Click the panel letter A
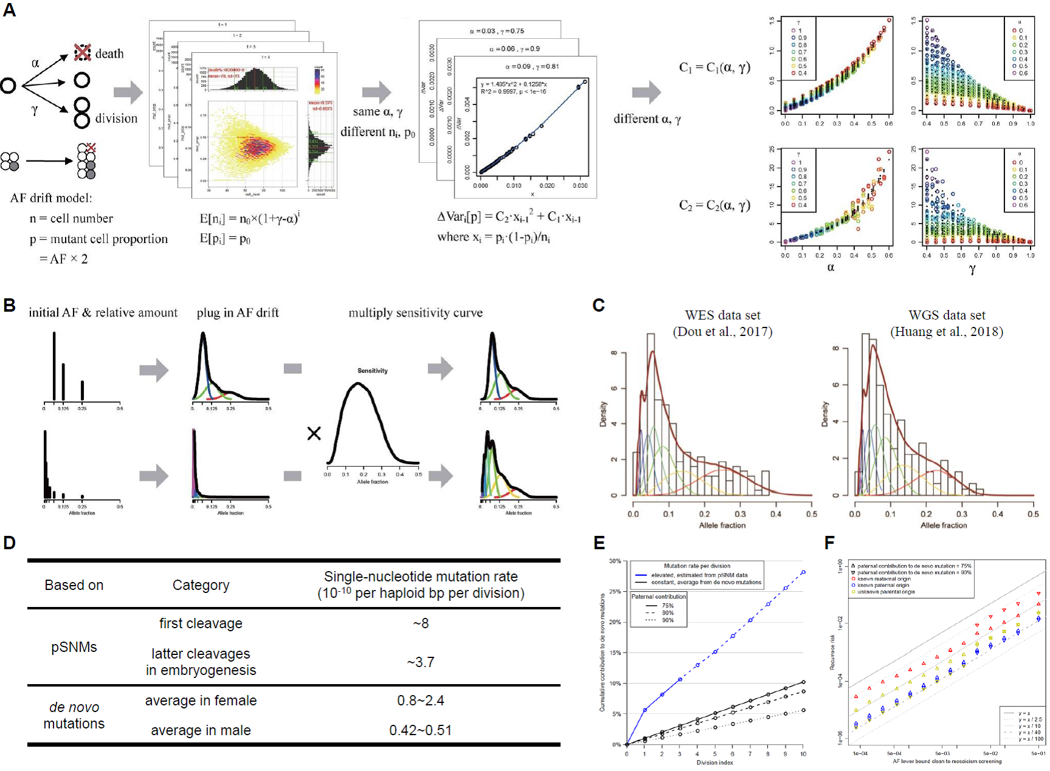[9, 10]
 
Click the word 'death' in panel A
[109, 53]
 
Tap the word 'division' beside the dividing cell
[116, 118]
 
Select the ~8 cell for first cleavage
[420, 623]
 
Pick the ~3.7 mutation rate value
[420, 662]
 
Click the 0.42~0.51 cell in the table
[420, 730]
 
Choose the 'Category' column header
[201, 585]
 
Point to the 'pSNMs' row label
[74, 647]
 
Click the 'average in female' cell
[201, 701]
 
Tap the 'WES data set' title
[722, 315]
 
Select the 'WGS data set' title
[947, 315]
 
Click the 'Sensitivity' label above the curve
[372, 371]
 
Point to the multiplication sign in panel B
[314, 434]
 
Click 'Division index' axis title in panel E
[715, 762]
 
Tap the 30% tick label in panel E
[615, 561]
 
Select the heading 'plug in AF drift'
[238, 313]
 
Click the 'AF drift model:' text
[51, 198]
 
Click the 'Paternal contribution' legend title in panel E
[659, 597]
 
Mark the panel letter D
[9, 543]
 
